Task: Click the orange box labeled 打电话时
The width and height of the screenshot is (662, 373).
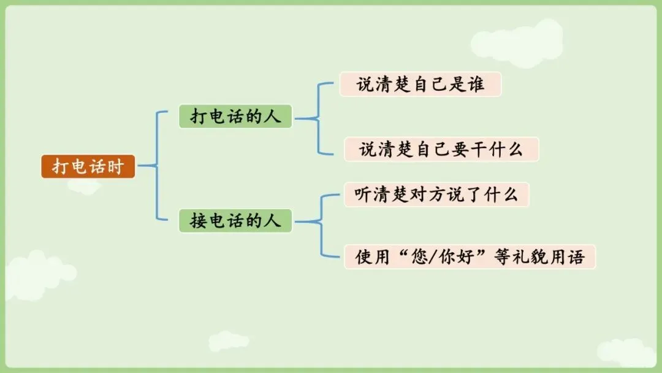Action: click(x=88, y=166)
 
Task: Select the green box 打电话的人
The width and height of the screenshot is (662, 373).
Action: click(x=235, y=117)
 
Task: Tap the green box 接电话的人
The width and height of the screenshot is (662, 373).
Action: click(x=235, y=221)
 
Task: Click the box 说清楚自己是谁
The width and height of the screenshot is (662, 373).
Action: click(x=420, y=84)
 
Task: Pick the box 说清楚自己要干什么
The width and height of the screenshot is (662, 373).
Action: click(x=441, y=149)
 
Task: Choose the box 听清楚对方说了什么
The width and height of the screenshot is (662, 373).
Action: click(x=436, y=194)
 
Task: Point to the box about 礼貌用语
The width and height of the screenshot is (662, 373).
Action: click(x=470, y=256)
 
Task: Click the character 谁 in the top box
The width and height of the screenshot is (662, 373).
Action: click(x=475, y=84)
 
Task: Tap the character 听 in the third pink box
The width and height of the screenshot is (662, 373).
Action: click(x=364, y=194)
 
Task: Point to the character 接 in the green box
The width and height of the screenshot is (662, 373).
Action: click(x=198, y=221)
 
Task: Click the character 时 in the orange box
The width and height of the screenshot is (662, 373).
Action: click(x=116, y=166)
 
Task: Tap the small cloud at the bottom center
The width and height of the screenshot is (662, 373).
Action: click(x=229, y=341)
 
